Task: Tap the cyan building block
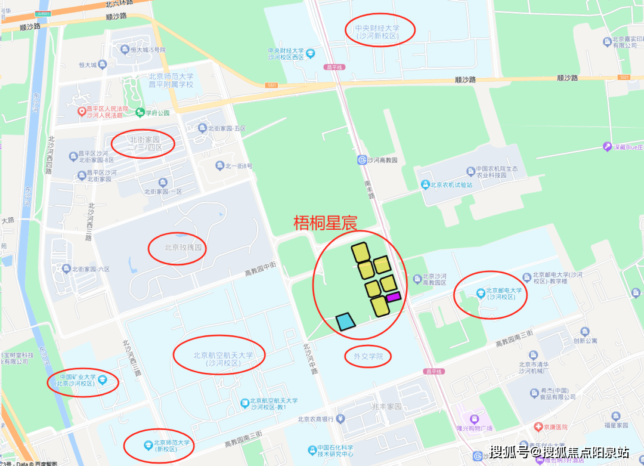[x=345, y=322]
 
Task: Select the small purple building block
[x=393, y=297]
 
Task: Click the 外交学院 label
[x=368, y=356]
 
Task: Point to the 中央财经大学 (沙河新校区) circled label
[x=377, y=32]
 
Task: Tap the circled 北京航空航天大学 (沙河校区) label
[x=223, y=359]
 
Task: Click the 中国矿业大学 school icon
[x=102, y=379]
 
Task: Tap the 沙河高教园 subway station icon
[x=361, y=160]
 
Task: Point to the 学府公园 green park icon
[x=140, y=112]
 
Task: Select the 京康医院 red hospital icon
[x=537, y=427]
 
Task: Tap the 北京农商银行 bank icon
[x=340, y=419]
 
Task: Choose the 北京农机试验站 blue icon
[x=425, y=184]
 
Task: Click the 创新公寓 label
[x=585, y=341]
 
